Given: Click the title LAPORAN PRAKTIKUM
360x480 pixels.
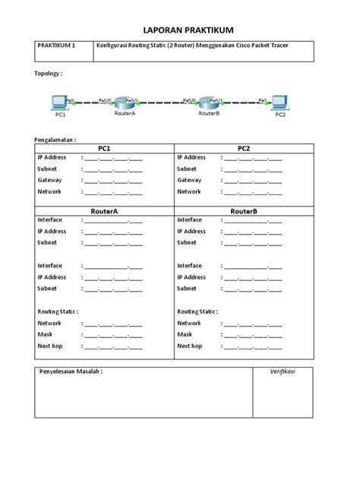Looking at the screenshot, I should (180, 29).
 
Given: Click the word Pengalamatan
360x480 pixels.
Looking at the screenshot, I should (55, 140).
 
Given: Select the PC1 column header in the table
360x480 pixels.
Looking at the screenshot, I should (105, 148).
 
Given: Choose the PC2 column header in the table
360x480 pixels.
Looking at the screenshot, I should (244, 148).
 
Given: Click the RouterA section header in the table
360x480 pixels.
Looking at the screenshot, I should (105, 210).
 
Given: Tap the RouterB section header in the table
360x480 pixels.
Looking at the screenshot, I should (244, 210).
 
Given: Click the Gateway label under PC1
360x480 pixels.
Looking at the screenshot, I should (50, 180).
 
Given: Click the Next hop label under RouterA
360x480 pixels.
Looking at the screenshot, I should (52, 346).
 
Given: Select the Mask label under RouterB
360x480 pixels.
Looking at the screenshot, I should (185, 334).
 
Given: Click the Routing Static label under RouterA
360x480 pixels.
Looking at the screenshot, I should (58, 311).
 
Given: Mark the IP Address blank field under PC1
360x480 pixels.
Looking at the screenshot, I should (113, 158).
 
